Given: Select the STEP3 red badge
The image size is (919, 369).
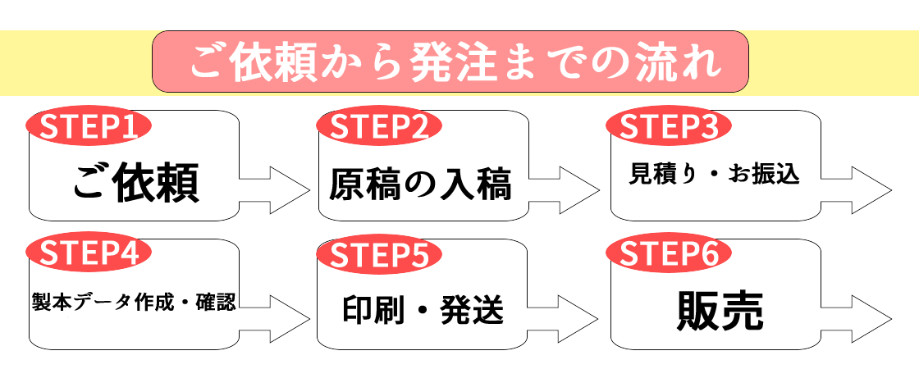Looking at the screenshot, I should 667,128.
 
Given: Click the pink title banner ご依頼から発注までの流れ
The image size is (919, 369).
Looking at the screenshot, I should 450,61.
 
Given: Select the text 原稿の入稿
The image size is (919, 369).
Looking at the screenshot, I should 420,185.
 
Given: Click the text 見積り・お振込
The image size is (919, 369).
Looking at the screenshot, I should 714,174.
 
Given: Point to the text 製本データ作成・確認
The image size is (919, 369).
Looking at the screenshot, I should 134,302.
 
